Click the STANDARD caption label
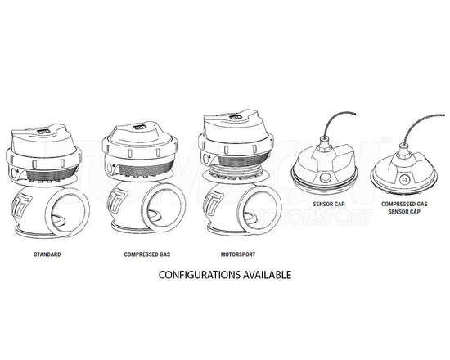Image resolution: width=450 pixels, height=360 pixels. pos(48,254)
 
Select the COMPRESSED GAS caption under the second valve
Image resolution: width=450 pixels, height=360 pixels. pos(146,254)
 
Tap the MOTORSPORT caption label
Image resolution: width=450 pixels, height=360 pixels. pos(240,254)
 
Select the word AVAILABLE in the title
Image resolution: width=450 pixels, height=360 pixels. pos(265,276)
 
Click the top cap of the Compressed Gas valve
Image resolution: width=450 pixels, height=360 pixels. pos(137,140)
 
